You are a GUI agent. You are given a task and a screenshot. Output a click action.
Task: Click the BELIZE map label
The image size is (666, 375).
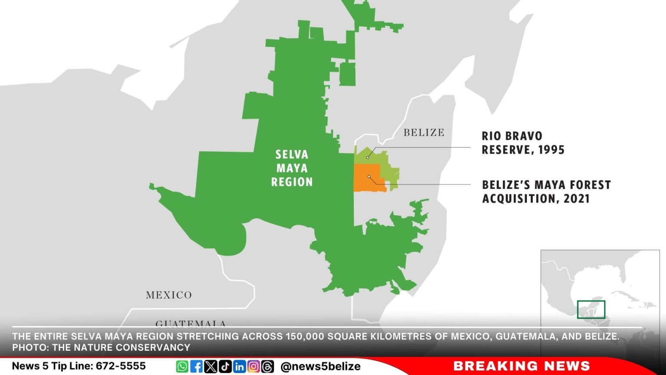click(424, 133)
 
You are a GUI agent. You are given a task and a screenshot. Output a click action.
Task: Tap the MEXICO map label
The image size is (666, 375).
click(169, 295)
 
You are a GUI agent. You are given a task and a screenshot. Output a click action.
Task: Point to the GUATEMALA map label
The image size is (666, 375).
click(191, 323)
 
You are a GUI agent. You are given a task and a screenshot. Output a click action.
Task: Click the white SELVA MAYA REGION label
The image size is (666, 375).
click(292, 168)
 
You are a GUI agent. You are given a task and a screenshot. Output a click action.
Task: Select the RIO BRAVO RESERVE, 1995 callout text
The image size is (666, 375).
click(523, 143)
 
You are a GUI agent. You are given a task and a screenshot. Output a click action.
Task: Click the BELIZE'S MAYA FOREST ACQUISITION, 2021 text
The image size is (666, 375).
click(546, 191)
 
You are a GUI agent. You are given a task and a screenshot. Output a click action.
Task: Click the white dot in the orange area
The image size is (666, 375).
click(369, 177)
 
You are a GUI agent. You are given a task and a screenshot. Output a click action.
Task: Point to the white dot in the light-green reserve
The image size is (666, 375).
click(368, 157)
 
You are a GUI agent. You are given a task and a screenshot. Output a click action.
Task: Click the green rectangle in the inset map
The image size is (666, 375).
click(591, 309)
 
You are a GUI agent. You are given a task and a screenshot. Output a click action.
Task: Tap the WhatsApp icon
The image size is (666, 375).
click(182, 366)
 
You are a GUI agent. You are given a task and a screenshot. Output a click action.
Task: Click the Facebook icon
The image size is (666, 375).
click(196, 366)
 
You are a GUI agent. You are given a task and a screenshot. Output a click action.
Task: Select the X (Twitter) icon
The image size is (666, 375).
click(211, 366)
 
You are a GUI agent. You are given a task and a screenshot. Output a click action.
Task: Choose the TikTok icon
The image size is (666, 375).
click(225, 366)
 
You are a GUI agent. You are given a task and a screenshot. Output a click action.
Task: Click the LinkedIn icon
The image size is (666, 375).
click(239, 366)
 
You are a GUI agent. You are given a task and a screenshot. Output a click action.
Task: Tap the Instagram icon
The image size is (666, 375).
click(254, 366)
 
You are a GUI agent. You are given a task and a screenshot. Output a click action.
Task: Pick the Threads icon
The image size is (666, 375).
click(268, 366)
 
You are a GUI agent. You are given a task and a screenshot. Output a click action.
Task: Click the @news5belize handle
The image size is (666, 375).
click(320, 366)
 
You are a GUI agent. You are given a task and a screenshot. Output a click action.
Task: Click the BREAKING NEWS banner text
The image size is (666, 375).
click(522, 366)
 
